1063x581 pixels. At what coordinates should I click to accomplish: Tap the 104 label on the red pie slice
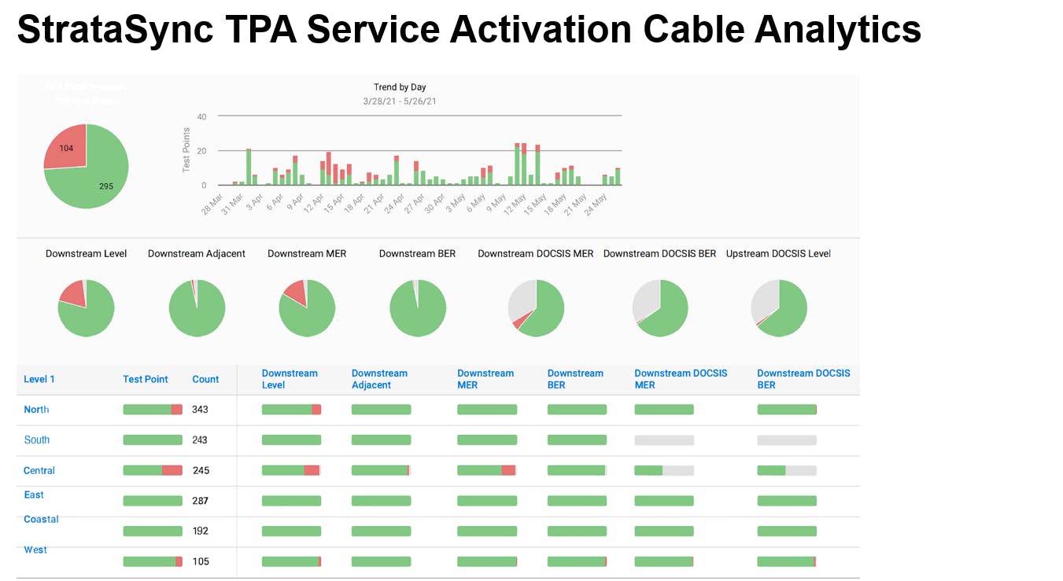(x=66, y=149)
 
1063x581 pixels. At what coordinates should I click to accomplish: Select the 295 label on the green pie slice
(x=105, y=186)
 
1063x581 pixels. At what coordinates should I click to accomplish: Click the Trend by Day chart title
(x=400, y=87)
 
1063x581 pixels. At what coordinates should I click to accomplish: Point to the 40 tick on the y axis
(x=201, y=116)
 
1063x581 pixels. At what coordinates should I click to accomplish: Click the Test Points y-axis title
(x=186, y=149)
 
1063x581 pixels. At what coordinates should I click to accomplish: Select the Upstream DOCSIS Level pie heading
(x=778, y=253)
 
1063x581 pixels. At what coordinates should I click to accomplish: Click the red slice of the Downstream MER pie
(x=296, y=292)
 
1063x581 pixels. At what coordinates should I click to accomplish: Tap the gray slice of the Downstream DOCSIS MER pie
(x=521, y=297)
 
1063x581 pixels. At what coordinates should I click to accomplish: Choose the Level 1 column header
(x=39, y=379)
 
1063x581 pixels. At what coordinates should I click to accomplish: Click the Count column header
(x=205, y=379)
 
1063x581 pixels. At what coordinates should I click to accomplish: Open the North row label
(x=36, y=410)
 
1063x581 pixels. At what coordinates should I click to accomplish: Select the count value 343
(x=201, y=410)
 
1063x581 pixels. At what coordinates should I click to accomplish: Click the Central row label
(x=39, y=470)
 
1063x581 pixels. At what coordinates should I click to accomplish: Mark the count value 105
(x=201, y=561)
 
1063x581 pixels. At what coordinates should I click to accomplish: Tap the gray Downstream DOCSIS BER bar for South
(x=787, y=440)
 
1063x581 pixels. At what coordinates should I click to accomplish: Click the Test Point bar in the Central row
(x=153, y=470)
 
